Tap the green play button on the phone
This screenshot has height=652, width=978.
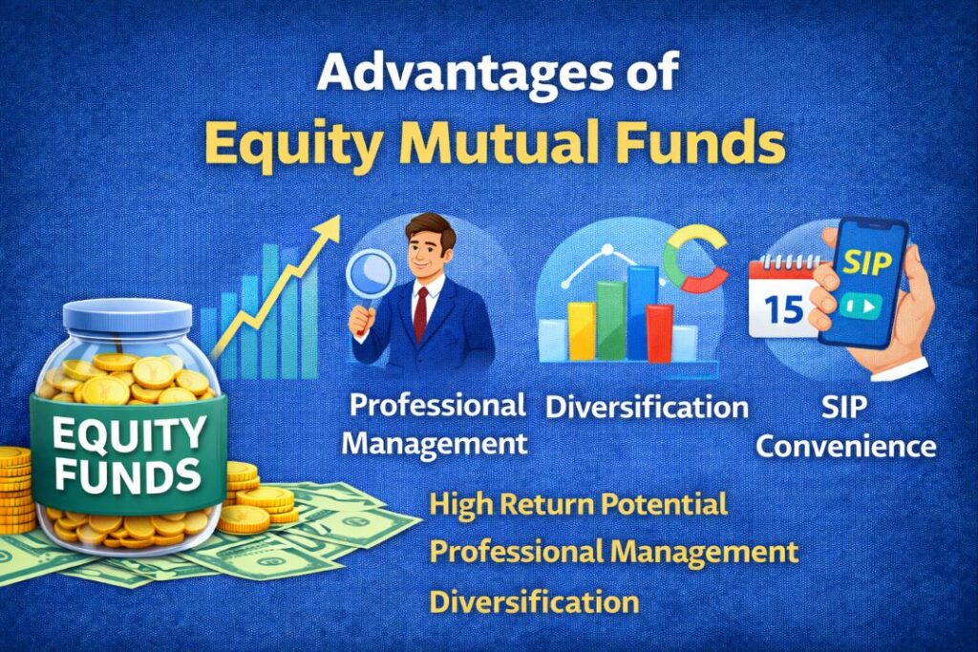859,307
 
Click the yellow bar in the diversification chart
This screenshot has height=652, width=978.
581,329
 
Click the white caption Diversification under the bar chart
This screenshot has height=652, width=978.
647,407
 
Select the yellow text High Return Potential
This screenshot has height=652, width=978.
578,503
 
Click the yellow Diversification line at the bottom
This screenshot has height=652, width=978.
534,601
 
